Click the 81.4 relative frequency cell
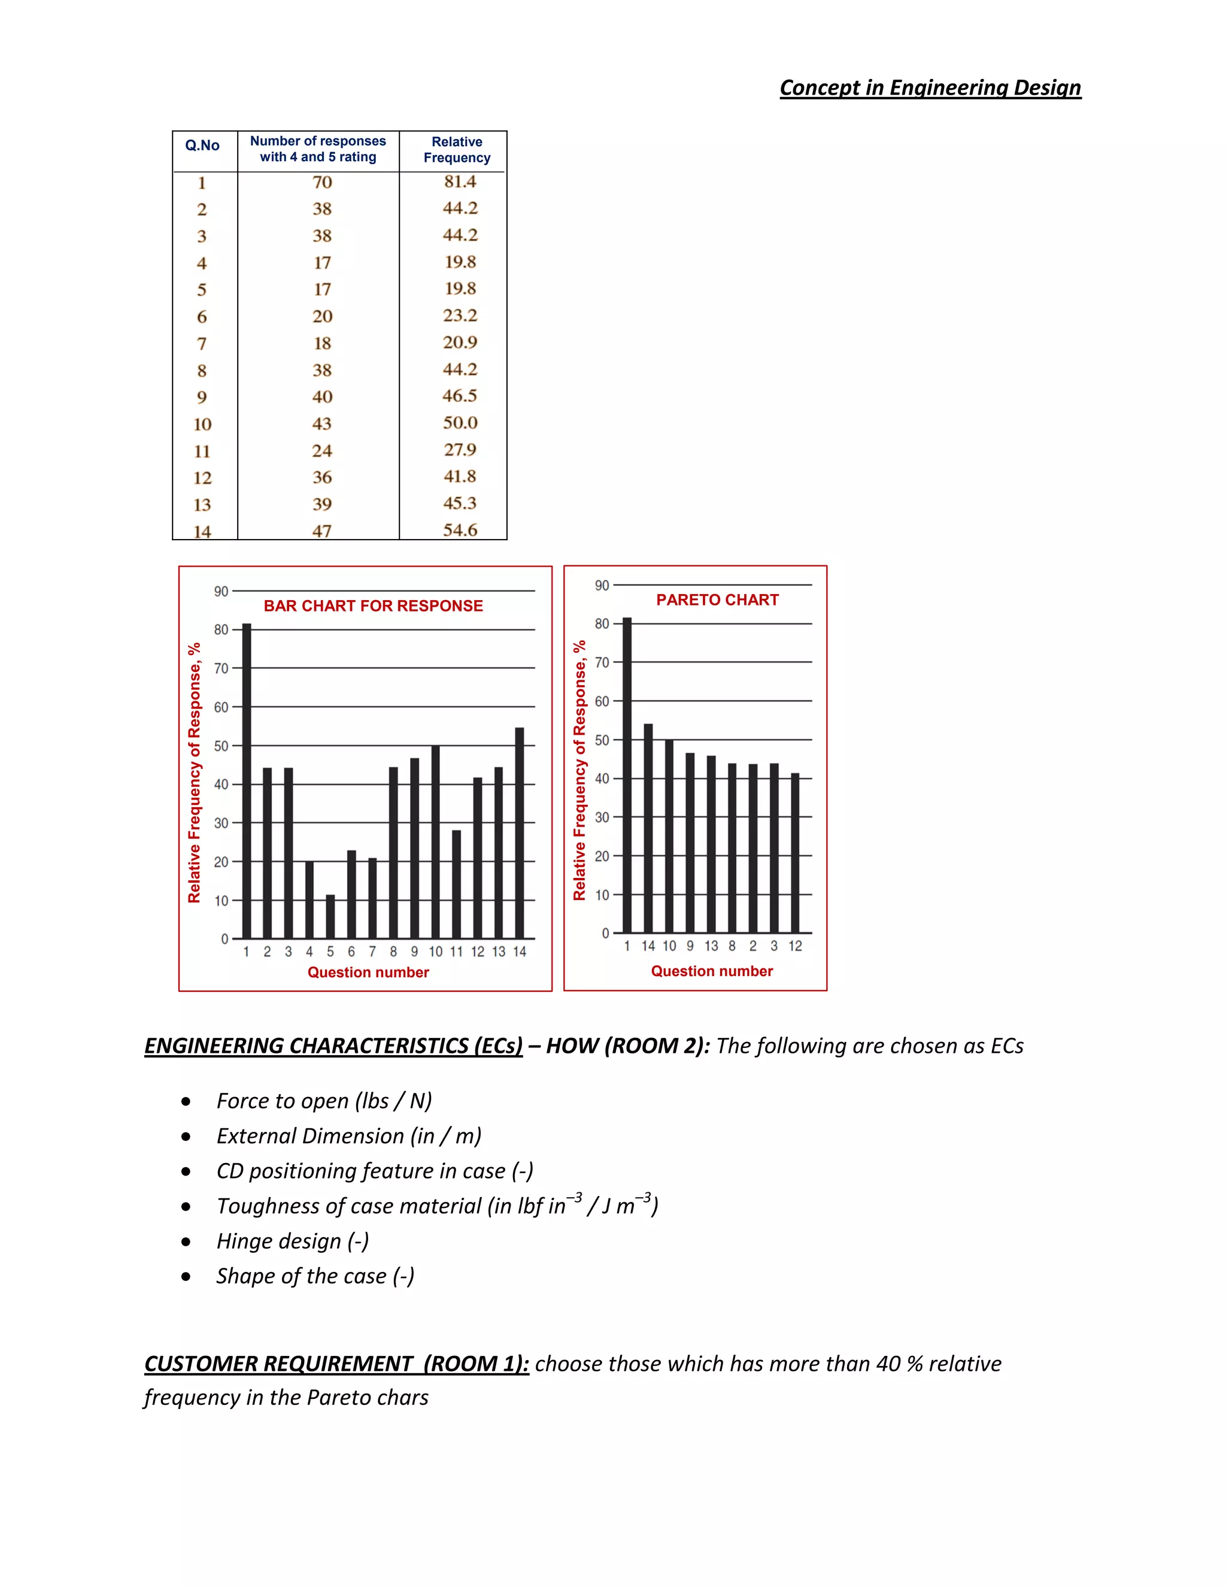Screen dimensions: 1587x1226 click(x=460, y=181)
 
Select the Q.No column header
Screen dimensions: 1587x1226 click(x=202, y=146)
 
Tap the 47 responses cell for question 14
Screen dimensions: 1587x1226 click(x=321, y=531)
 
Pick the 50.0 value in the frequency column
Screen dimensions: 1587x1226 click(x=460, y=423)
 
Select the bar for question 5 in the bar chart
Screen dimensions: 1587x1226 click(x=330, y=917)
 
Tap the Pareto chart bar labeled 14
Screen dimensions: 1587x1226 click(x=648, y=828)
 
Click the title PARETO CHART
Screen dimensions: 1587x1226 click(x=717, y=600)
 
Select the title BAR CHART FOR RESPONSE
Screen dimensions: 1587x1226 click(x=372, y=606)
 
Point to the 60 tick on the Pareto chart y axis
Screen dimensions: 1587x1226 click(x=602, y=701)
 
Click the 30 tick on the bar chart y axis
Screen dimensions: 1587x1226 click(x=221, y=823)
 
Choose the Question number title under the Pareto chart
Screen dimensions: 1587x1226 click(x=712, y=971)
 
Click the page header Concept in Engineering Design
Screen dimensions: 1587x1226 click(x=930, y=88)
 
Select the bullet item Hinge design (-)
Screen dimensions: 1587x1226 click(x=293, y=1241)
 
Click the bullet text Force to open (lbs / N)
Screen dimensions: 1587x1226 click(x=324, y=1101)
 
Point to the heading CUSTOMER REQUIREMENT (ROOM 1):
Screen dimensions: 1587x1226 click(x=336, y=1364)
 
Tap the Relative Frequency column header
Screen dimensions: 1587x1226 click(x=457, y=150)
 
